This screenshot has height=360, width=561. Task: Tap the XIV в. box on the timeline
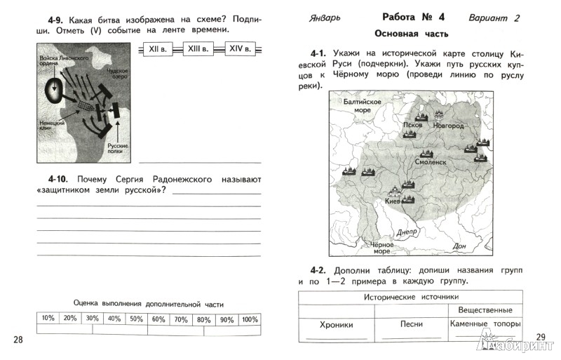[243, 48]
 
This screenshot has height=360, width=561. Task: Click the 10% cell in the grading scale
[48, 319]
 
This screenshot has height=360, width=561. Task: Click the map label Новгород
[448, 126]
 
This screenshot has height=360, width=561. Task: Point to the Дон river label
[460, 246]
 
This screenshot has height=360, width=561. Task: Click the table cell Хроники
[336, 325]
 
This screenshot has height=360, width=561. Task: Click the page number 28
[19, 340]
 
